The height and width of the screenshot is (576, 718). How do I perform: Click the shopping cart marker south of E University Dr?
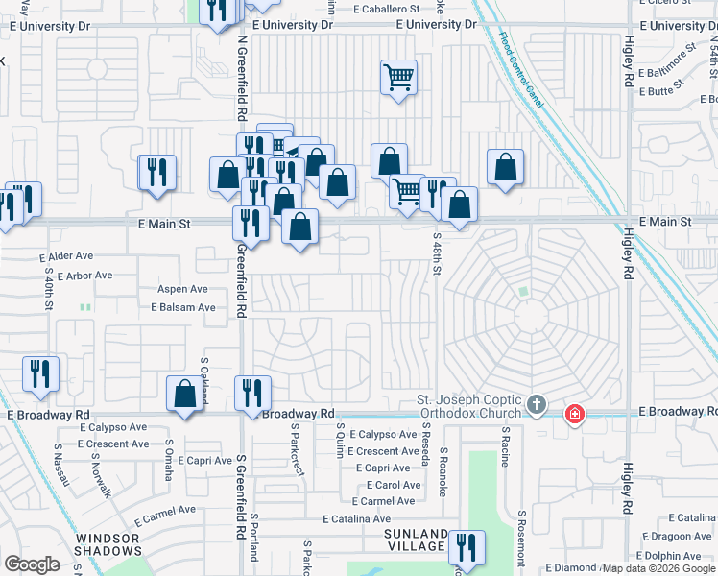click(x=398, y=77)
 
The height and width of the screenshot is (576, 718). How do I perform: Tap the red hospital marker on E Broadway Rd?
click(x=574, y=415)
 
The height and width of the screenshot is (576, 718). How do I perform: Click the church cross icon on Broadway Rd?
click(x=537, y=407)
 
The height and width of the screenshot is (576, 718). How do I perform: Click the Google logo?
click(x=32, y=564)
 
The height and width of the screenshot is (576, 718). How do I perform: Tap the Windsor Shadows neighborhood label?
click(x=108, y=543)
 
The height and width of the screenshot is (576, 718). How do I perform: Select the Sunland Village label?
click(x=416, y=540)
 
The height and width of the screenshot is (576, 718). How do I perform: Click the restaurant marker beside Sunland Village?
click(x=466, y=548)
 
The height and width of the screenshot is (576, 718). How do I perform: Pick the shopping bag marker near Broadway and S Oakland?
click(x=183, y=395)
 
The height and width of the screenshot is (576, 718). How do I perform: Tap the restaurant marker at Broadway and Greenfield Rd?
click(x=252, y=393)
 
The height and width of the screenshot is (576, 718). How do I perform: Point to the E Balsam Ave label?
click(x=182, y=307)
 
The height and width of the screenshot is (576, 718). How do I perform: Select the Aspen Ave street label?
click(x=182, y=289)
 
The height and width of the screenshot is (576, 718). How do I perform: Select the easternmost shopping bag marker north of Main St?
click(x=505, y=168)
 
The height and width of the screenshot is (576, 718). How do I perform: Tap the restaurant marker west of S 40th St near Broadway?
click(x=40, y=373)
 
